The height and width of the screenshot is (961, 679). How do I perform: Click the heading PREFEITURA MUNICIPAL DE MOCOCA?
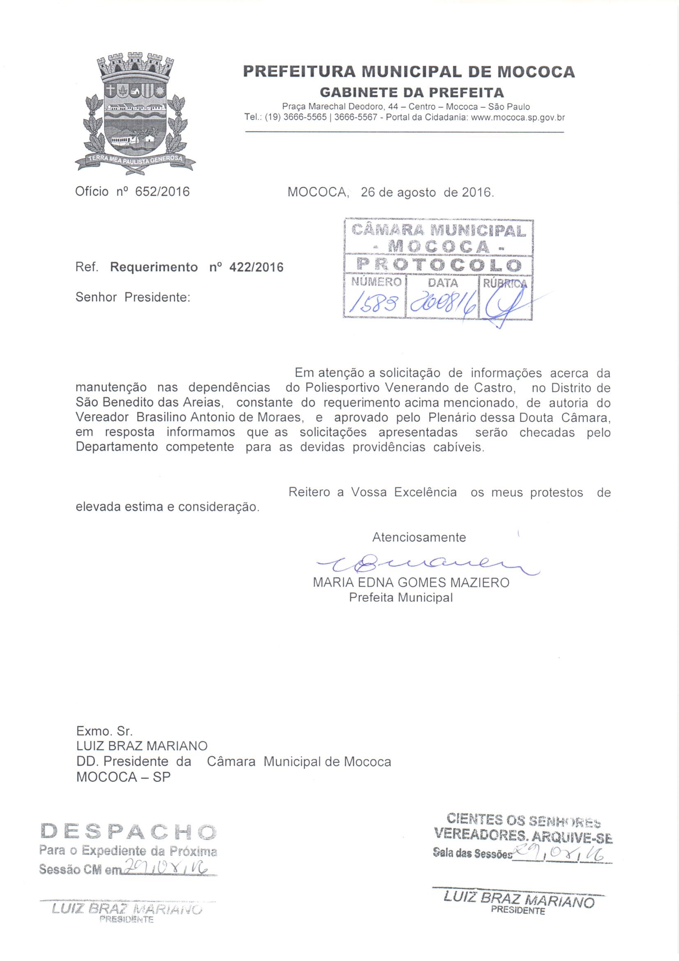pyautogui.click(x=409, y=72)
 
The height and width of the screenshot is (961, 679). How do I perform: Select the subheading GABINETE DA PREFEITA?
pyautogui.click(x=412, y=92)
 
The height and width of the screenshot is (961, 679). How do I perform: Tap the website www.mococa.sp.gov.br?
pyautogui.click(x=518, y=118)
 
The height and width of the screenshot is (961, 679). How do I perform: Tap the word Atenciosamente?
pyautogui.click(x=419, y=537)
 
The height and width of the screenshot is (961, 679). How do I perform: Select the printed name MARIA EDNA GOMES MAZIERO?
pyautogui.click(x=411, y=582)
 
